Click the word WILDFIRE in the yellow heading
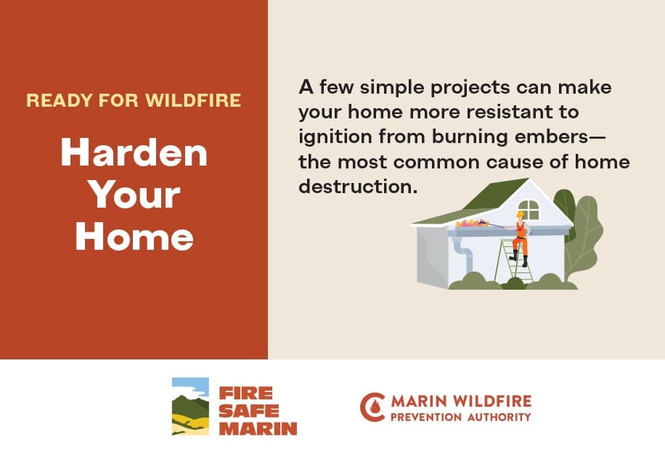193,100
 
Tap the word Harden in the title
134,152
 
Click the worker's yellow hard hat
520,214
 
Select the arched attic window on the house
529,210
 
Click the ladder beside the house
513,261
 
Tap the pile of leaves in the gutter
471,223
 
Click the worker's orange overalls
521,238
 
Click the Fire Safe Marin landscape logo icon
190,407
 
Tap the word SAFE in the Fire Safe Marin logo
249,411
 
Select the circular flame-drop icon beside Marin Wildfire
372,407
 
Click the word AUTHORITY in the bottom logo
499,418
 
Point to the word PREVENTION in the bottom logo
426,418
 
